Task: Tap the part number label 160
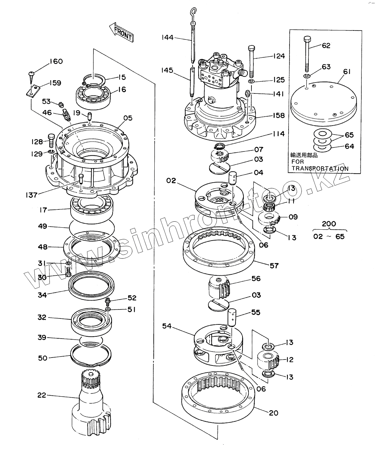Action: pyautogui.click(x=56, y=61)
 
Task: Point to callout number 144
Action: pyautogui.click(x=167, y=37)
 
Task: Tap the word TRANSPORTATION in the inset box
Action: pyautogui.click(x=320, y=168)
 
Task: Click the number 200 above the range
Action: pyautogui.click(x=329, y=224)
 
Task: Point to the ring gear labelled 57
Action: pyautogui.click(x=219, y=250)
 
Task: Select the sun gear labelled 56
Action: pyautogui.click(x=219, y=288)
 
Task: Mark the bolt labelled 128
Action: pyautogui.click(x=51, y=141)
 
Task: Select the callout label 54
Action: pyautogui.click(x=167, y=326)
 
